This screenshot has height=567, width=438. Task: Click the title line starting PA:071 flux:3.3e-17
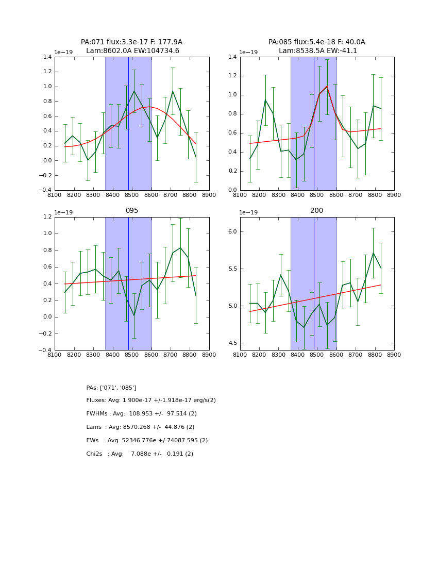click(x=131, y=42)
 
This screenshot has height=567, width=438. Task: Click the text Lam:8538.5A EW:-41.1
click(x=317, y=51)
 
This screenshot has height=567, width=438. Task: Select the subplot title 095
click(x=131, y=210)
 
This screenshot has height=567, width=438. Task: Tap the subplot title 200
click(x=316, y=210)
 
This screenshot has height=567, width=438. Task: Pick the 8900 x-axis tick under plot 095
click(x=209, y=355)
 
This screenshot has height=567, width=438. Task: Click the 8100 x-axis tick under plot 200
click(x=240, y=355)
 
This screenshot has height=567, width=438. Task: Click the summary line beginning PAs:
click(x=111, y=388)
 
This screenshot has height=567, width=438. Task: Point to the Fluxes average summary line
click(x=151, y=401)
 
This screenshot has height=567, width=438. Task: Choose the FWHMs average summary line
click(x=142, y=414)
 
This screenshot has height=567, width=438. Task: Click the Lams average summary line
click(x=140, y=427)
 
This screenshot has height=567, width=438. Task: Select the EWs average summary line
click(x=147, y=441)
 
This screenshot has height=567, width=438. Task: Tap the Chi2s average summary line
click(x=140, y=454)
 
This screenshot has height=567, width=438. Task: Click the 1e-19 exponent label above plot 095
click(x=64, y=212)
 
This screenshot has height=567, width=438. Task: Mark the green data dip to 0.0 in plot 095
click(x=134, y=315)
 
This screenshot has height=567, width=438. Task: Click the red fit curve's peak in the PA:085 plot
click(x=327, y=86)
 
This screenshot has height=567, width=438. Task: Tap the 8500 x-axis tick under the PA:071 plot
click(x=132, y=195)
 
